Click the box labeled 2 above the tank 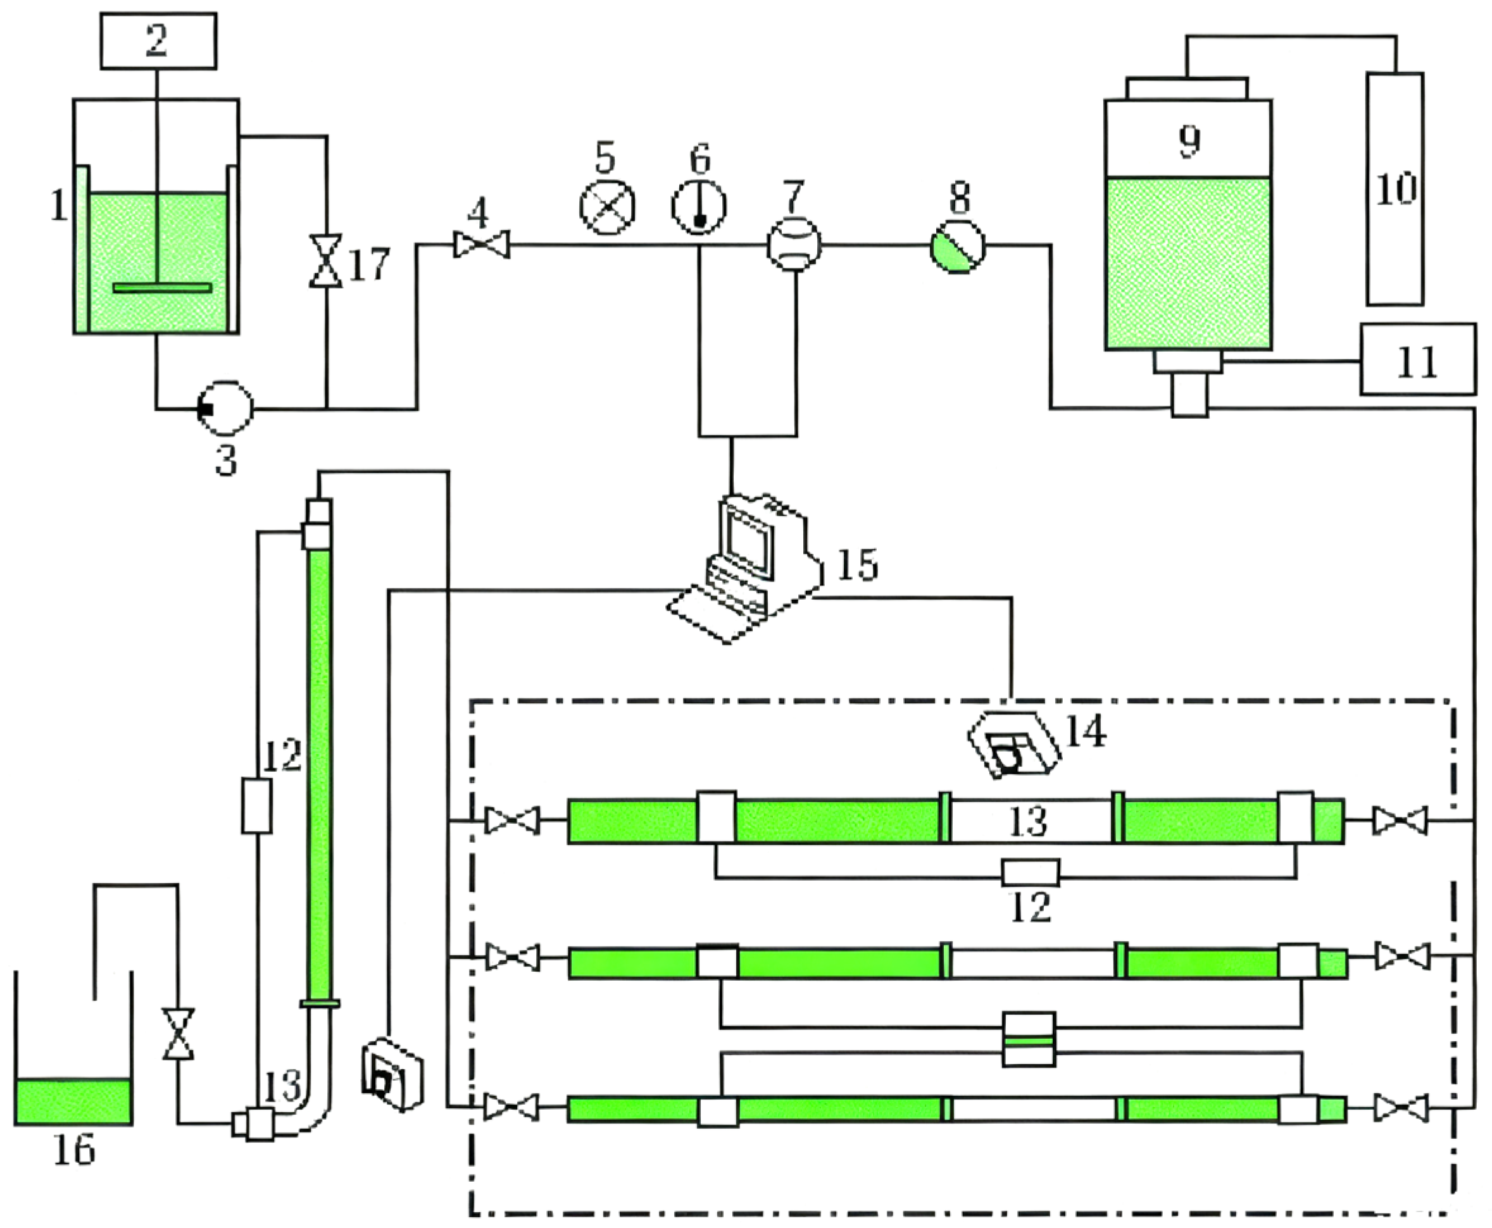pos(158,40)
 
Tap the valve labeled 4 pos(481,246)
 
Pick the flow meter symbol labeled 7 pos(793,245)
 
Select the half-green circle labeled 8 pos(957,246)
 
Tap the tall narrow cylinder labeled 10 pos(1395,190)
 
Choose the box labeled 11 pos(1417,359)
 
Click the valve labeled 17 pos(325,262)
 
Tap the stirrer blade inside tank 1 pos(162,288)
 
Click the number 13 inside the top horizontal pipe pos(1028,821)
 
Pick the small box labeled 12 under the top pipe pos(1031,873)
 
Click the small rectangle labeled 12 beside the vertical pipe pos(256,806)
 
